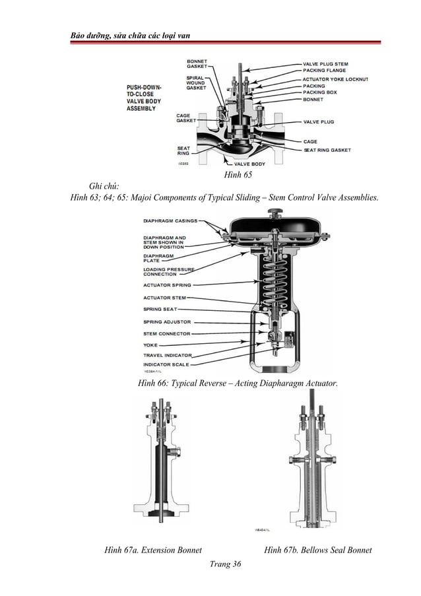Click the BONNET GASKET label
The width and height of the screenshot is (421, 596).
197,63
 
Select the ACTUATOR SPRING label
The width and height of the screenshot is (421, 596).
167,285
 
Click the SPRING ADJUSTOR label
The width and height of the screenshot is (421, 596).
167,322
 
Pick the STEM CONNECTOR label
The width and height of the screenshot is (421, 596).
167,334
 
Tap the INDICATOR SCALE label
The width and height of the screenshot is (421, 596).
166,364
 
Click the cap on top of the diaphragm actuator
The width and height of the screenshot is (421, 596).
275,212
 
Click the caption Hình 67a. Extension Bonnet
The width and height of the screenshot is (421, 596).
153,549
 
